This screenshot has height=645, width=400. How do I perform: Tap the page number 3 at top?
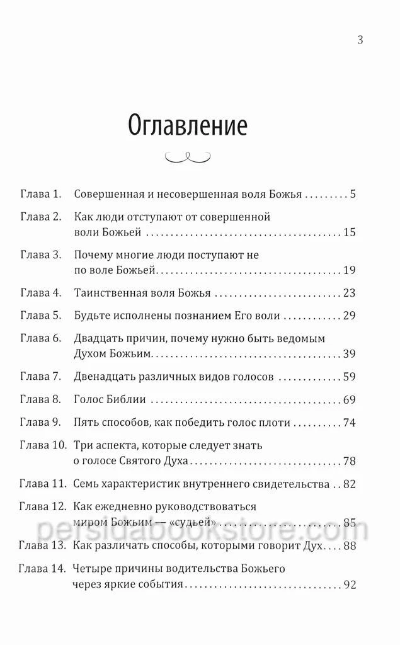tap(360, 41)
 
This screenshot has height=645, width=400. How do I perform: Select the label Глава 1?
tap(40, 194)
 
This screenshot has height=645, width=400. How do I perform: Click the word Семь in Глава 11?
tap(86, 484)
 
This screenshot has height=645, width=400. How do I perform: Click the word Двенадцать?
tap(106, 377)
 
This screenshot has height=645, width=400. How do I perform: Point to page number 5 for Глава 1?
tap(353, 194)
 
